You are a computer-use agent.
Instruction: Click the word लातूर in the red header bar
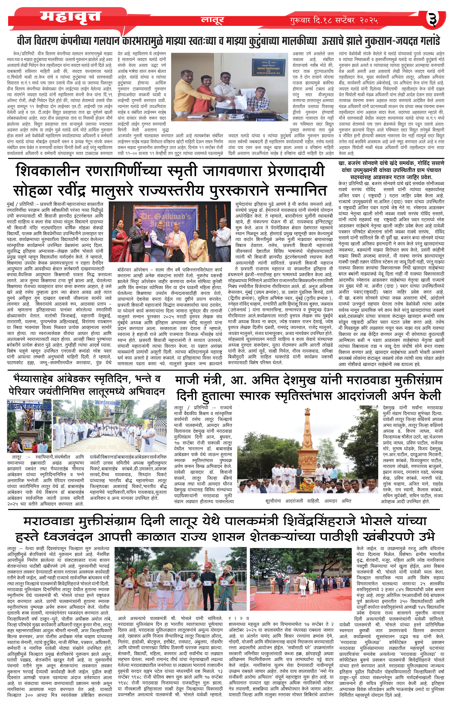click(212, 20)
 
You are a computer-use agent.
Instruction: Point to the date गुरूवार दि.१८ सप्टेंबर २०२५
click(333, 20)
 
